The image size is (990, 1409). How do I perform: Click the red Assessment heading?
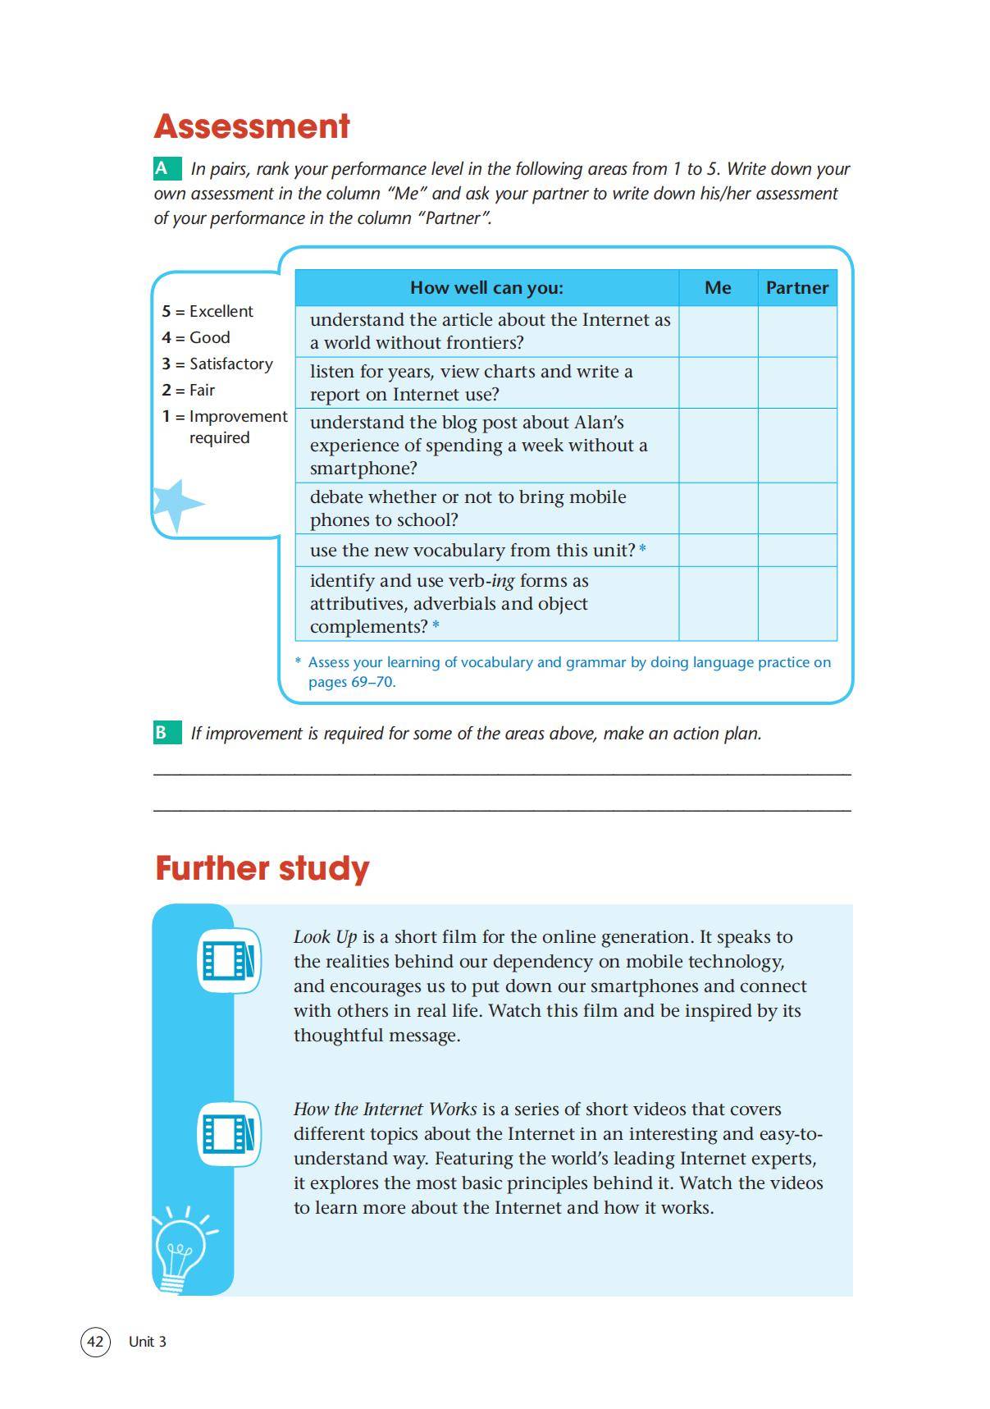[252, 126]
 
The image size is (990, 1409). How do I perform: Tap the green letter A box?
[167, 169]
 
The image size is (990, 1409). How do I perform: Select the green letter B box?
[167, 733]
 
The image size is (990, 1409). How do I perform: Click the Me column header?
[718, 287]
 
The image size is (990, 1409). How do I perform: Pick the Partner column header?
[797, 287]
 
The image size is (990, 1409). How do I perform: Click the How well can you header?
[486, 287]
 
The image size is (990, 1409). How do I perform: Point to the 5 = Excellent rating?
[208, 312]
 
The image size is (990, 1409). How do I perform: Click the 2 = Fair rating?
[189, 390]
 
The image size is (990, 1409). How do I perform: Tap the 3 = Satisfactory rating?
[217, 364]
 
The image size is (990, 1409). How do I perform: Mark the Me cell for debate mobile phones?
[718, 509]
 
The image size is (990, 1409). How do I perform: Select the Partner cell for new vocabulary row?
[797, 550]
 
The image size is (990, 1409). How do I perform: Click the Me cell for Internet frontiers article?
[718, 332]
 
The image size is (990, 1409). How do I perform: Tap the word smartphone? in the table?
[363, 469]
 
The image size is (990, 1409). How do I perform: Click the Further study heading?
[262, 868]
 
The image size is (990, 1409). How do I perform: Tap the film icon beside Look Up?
[229, 959]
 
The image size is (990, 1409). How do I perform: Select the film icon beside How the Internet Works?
[229, 1133]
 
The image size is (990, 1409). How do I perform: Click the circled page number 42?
[95, 1342]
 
